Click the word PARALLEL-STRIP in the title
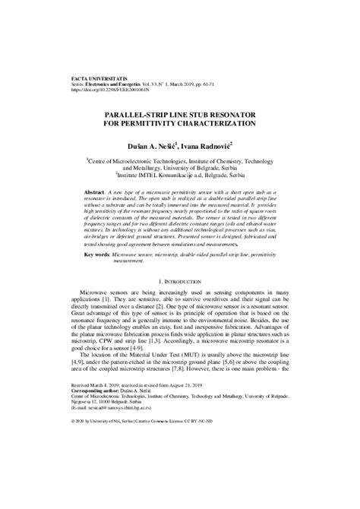(134, 112)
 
